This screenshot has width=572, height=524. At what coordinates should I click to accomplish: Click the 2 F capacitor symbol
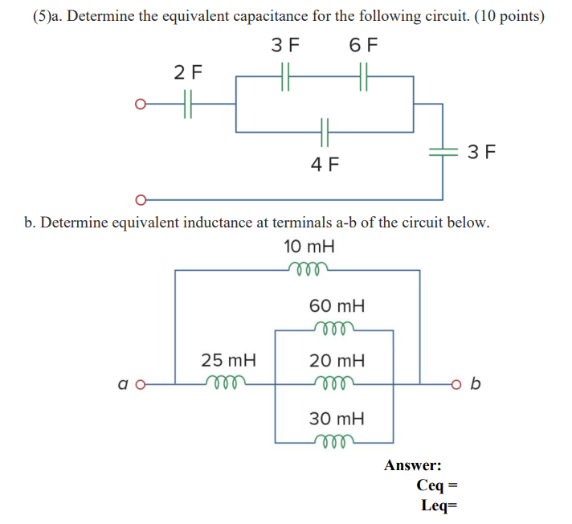tap(189, 104)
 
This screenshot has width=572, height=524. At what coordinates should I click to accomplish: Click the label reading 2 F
tap(189, 73)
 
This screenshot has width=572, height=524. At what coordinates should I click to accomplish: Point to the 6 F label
tap(364, 44)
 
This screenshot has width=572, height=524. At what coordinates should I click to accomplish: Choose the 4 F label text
tap(325, 165)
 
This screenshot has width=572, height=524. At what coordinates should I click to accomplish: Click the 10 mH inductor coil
tap(309, 270)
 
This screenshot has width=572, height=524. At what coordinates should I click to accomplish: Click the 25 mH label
tap(227, 360)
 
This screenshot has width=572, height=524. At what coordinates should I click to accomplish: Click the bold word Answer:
tap(412, 465)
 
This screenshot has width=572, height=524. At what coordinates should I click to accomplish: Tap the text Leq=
tap(438, 505)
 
